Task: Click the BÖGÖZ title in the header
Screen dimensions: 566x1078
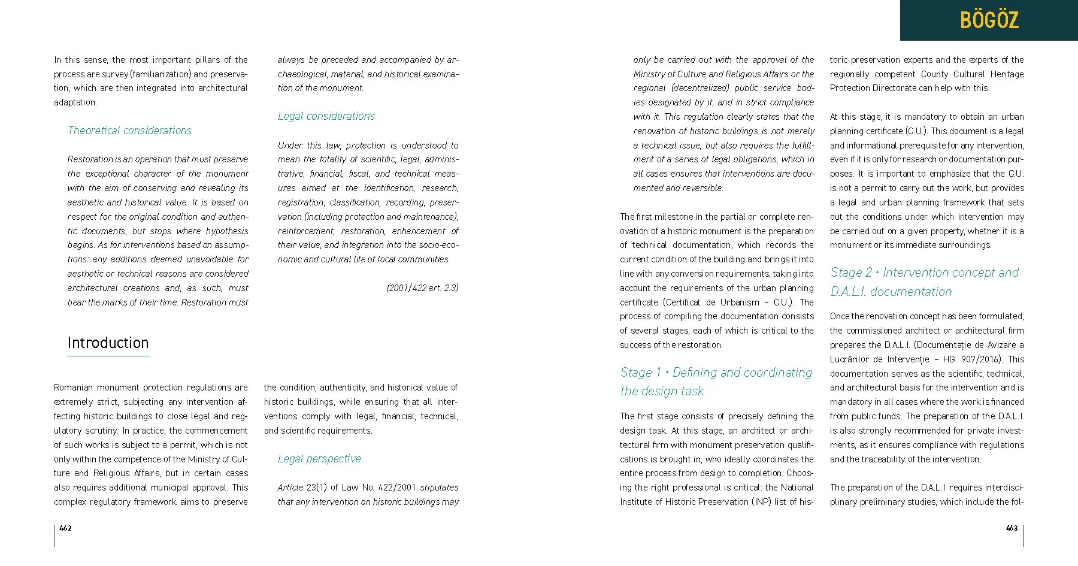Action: (x=989, y=20)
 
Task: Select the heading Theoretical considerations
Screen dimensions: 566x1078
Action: (x=129, y=131)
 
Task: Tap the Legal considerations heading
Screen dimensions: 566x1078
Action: (x=326, y=116)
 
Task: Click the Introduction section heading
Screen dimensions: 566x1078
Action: (x=108, y=343)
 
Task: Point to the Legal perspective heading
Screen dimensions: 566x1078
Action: (x=319, y=459)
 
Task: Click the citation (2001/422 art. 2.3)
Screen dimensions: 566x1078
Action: (x=422, y=288)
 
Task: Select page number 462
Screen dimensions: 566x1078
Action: (x=65, y=528)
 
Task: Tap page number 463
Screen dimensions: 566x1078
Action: (x=1012, y=528)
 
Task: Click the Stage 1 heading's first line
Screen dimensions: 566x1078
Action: (x=716, y=373)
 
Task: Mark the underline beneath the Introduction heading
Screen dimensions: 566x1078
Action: (x=108, y=356)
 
